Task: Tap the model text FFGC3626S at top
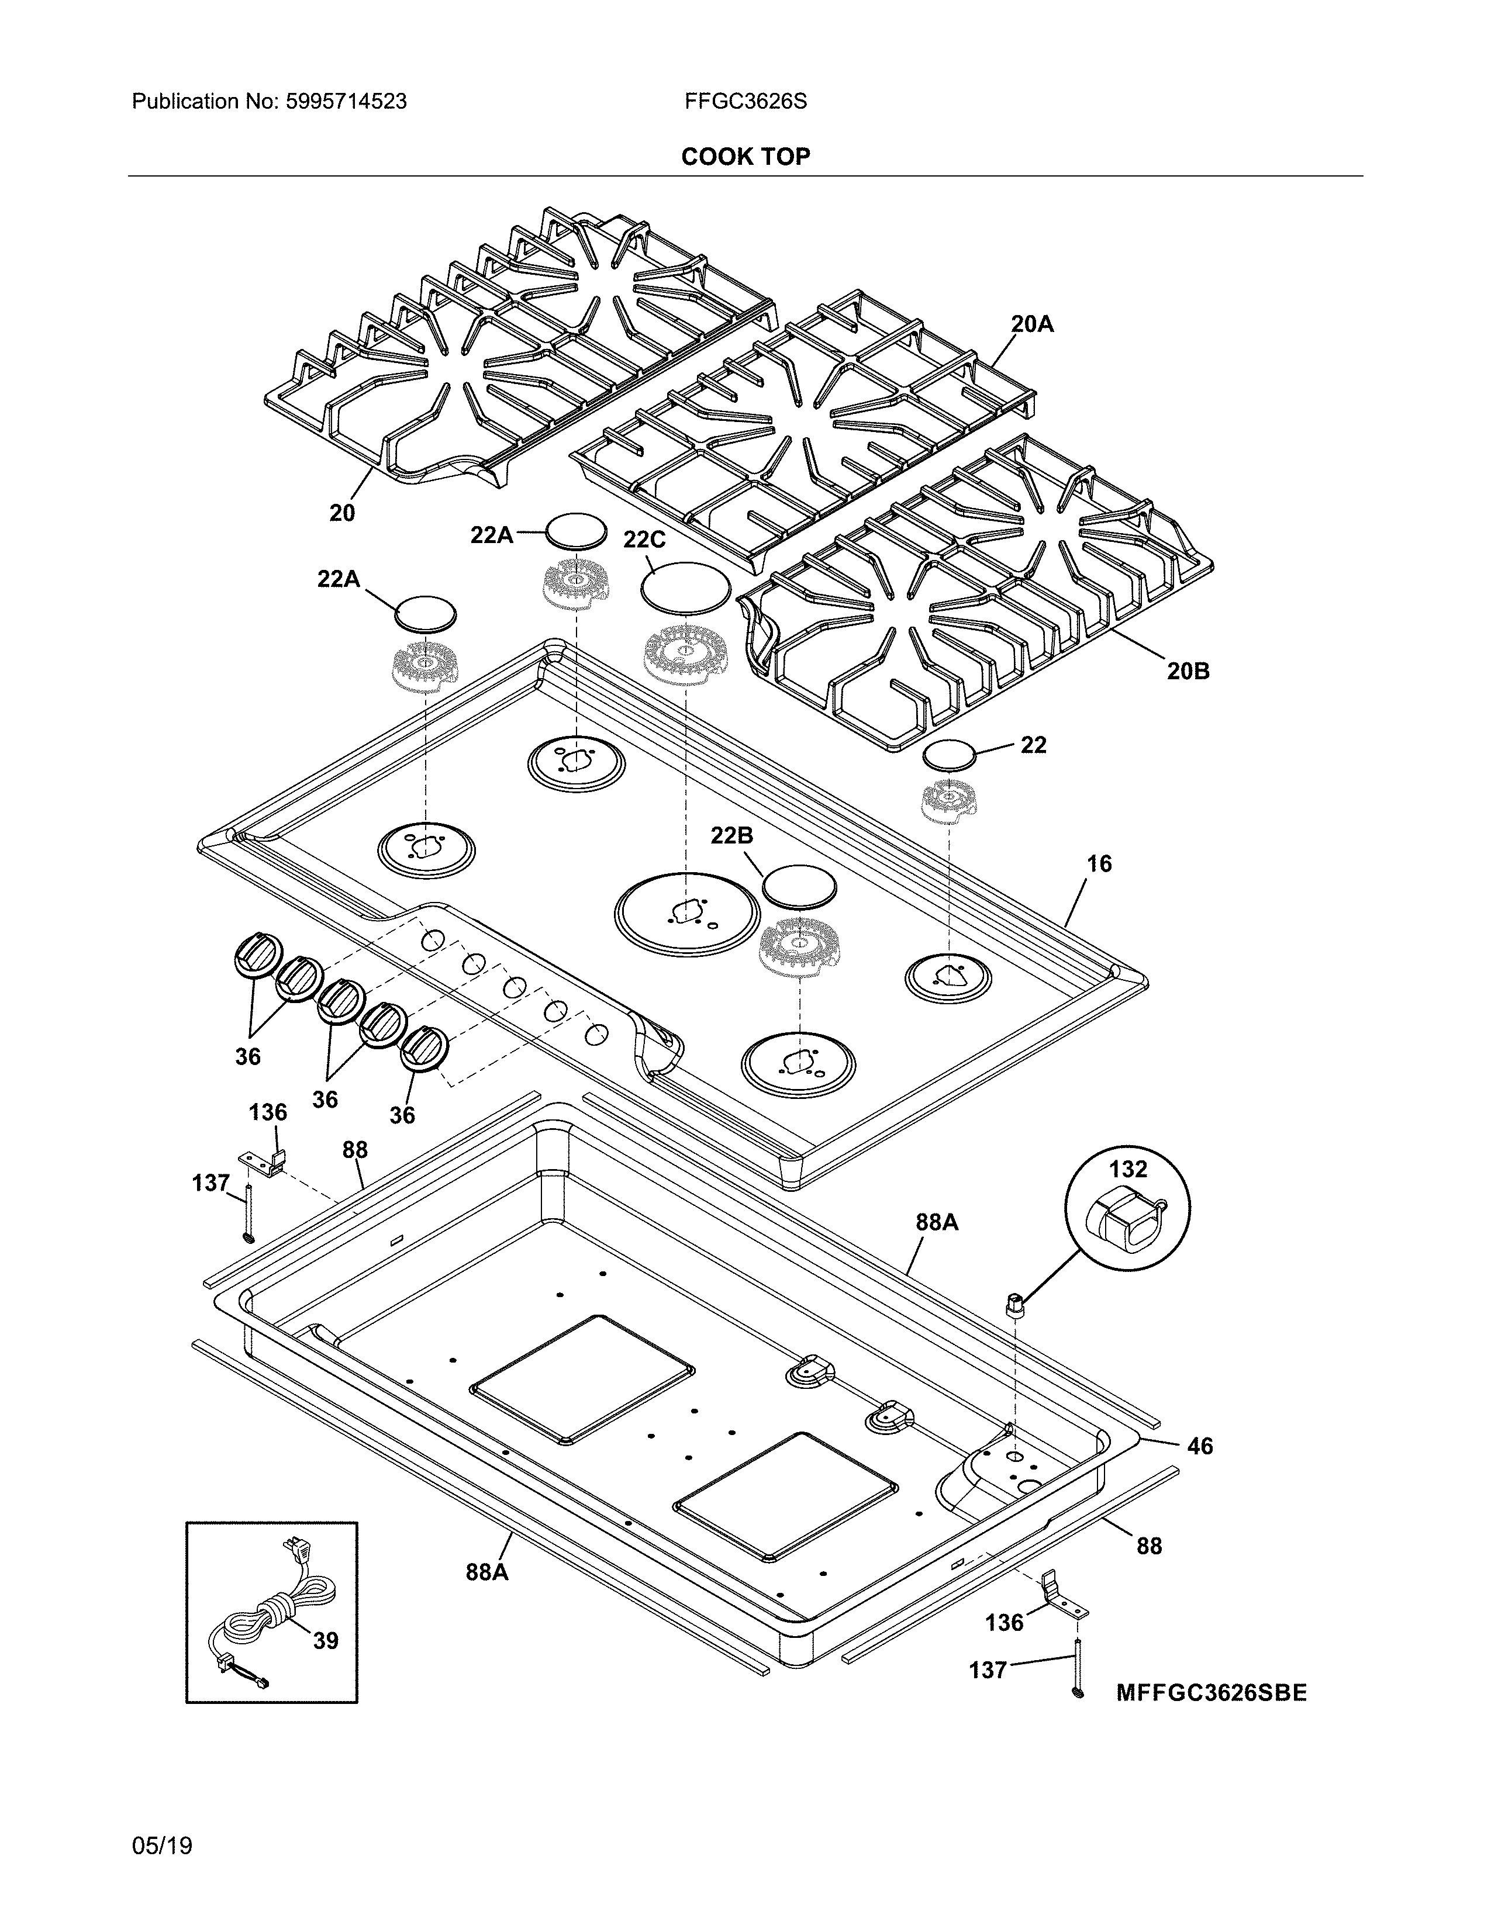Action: pyautogui.click(x=744, y=102)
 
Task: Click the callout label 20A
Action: pyautogui.click(x=1031, y=324)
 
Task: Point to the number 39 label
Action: pyautogui.click(x=325, y=1641)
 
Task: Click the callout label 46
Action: pyautogui.click(x=1199, y=1446)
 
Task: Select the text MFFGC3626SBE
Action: pyautogui.click(x=1211, y=1693)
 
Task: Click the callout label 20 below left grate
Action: pyautogui.click(x=342, y=512)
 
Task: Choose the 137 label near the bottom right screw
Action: pyautogui.click(x=988, y=1669)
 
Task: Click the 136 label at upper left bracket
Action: pyautogui.click(x=268, y=1112)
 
